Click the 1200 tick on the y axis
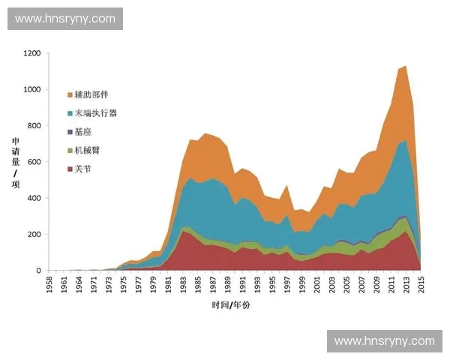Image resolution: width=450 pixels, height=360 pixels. (x=31, y=54)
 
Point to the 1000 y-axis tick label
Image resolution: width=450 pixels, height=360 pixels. (x=31, y=90)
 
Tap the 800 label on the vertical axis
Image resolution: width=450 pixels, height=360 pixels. (x=34, y=126)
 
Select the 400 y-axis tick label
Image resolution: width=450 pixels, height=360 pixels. (x=34, y=198)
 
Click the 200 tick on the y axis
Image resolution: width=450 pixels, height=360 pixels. (x=34, y=234)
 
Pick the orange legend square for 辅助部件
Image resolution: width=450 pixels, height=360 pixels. (x=70, y=95)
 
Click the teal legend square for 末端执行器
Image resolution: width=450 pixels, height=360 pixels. (x=70, y=114)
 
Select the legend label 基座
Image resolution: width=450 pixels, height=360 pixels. (x=82, y=132)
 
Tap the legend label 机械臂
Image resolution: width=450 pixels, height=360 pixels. (x=87, y=151)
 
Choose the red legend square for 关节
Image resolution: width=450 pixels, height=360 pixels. (x=70, y=169)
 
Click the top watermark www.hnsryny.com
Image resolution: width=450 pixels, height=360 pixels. (x=65, y=19)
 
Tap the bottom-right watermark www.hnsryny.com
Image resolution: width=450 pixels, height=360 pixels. (x=384, y=341)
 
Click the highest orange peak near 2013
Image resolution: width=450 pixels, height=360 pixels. (x=406, y=66)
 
